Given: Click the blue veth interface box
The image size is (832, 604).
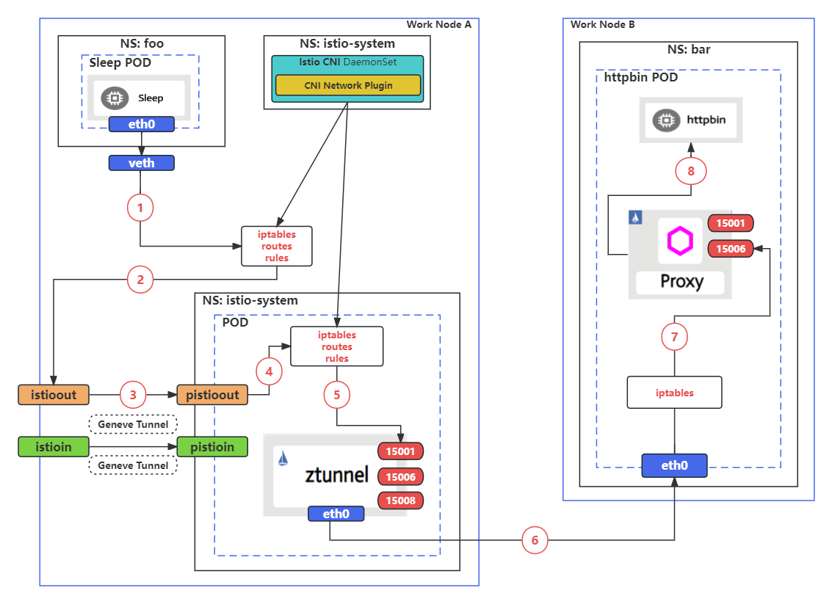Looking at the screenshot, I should pos(142,163).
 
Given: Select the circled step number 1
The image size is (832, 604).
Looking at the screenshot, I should pos(140,208).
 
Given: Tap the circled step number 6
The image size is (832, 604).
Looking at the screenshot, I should pos(535,540).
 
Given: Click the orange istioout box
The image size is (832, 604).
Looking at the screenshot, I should pos(53,395).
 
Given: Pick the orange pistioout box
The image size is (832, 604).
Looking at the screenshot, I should pos(212,395).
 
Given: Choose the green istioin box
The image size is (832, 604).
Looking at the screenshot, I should pos(53,446).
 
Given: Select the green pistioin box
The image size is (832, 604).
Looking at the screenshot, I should pos(212,446).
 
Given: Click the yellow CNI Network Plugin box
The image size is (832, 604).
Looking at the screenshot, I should pos(348,85).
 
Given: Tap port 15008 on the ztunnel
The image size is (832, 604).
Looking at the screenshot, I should pos(400,501).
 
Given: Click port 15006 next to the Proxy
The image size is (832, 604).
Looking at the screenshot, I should pos(731,249).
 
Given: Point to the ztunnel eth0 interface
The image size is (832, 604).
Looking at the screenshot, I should pos(336,514).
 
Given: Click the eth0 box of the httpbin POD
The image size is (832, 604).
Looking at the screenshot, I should pos(674,465).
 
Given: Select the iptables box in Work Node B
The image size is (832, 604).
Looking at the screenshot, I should pos(674,393).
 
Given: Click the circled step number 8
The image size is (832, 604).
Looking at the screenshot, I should pos(690,171).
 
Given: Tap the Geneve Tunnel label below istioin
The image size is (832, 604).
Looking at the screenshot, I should pos(133,465).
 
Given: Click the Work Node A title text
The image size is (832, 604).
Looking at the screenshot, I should pos(438,24).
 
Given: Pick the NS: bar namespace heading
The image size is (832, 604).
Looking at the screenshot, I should pos(688,50).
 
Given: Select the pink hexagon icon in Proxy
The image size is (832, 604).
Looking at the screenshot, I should pos(680,241).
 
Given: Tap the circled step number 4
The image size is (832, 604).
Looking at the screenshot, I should pos(269,372).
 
